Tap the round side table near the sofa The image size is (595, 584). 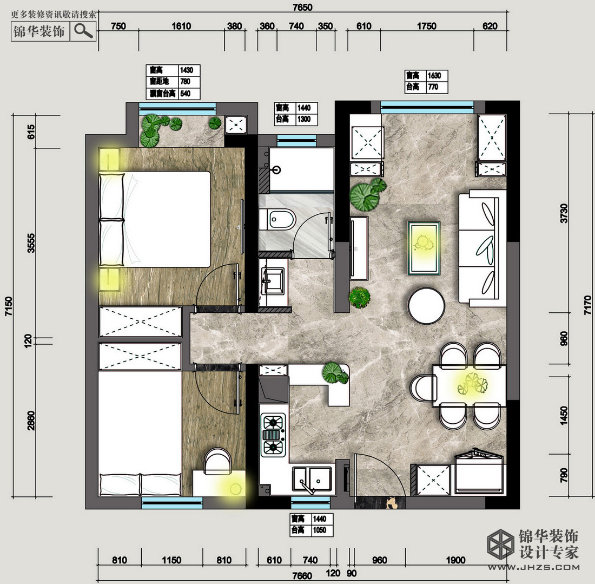click(426, 305)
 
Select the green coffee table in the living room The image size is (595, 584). click(424, 247)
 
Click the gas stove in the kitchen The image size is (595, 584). click(274, 434)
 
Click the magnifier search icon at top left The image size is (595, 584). click(83, 31)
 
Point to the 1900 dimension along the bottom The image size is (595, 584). click(457, 560)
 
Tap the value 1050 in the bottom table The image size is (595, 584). click(319, 530)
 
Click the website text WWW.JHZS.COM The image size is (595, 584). click(535, 567)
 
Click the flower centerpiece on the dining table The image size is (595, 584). click(472, 384)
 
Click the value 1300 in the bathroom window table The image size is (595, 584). click(305, 120)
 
